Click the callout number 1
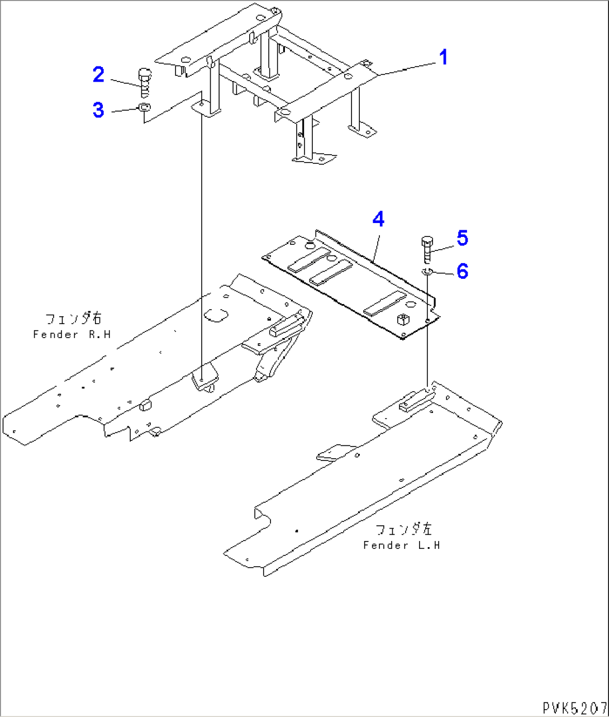[x=443, y=58]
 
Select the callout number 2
[x=98, y=74]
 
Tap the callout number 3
[x=98, y=110]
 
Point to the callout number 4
[x=378, y=220]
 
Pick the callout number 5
[x=462, y=238]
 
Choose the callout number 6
[x=462, y=272]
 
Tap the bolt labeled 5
[x=426, y=249]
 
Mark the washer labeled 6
[x=427, y=272]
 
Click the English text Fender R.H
[x=72, y=335]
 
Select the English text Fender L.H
[x=401, y=545]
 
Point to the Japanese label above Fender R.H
[x=73, y=319]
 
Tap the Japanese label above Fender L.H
[x=403, y=529]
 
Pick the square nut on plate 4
[x=403, y=320]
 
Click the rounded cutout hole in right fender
[x=215, y=315]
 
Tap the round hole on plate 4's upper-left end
[x=311, y=244]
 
